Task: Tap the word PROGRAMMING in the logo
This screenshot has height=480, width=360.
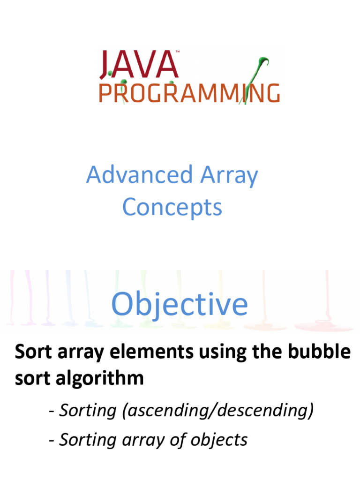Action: pyautogui.click(x=189, y=92)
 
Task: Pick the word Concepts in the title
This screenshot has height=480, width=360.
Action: pyautogui.click(x=172, y=207)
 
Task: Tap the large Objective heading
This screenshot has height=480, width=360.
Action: pyautogui.click(x=180, y=304)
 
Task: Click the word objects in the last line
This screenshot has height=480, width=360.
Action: pyautogui.click(x=219, y=440)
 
